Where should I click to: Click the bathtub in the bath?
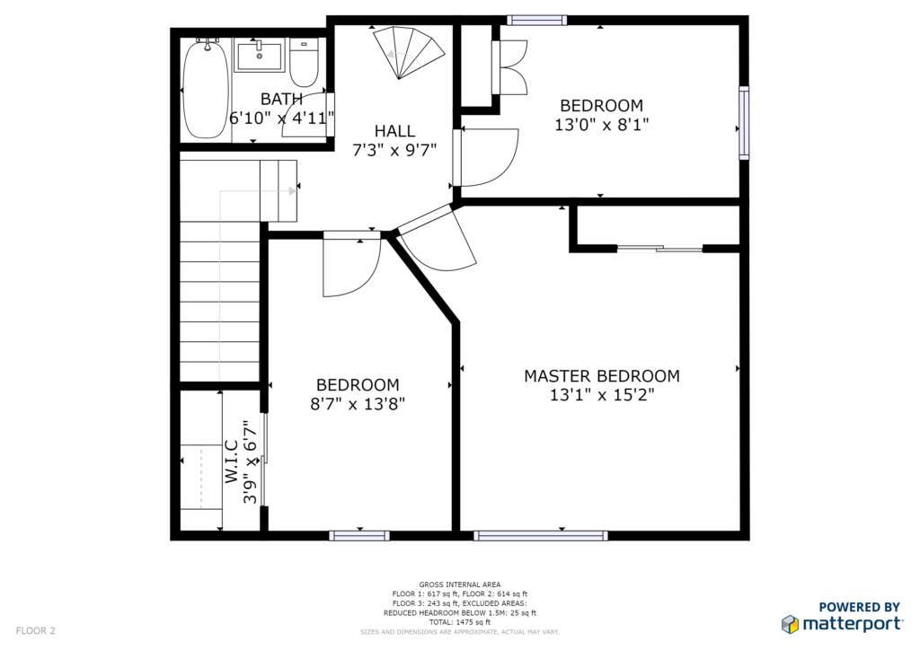pyautogui.click(x=205, y=89)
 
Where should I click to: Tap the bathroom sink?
pyautogui.click(x=260, y=55)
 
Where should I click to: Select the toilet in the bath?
pyautogui.click(x=304, y=62)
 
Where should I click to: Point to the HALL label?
pyautogui.click(x=395, y=131)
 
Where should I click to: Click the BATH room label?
pyautogui.click(x=281, y=99)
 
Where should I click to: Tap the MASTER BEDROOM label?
pyautogui.click(x=602, y=375)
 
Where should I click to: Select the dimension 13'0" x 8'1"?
pyautogui.click(x=602, y=125)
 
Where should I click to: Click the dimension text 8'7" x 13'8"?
pyautogui.click(x=358, y=404)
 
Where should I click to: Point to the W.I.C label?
pyautogui.click(x=231, y=461)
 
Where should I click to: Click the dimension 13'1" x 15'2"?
pyautogui.click(x=602, y=394)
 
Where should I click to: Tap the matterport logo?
pyautogui.click(x=842, y=617)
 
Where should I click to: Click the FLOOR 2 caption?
pyautogui.click(x=35, y=630)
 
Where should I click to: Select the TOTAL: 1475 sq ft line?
pyautogui.click(x=459, y=622)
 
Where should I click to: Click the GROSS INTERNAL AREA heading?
pyautogui.click(x=459, y=584)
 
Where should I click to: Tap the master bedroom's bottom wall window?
pyautogui.click(x=540, y=535)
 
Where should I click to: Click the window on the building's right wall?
pyautogui.click(x=743, y=122)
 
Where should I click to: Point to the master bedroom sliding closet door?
pyautogui.click(x=660, y=249)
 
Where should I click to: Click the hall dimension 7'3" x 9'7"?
pyautogui.click(x=395, y=151)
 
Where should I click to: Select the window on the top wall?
pyautogui.click(x=537, y=21)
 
